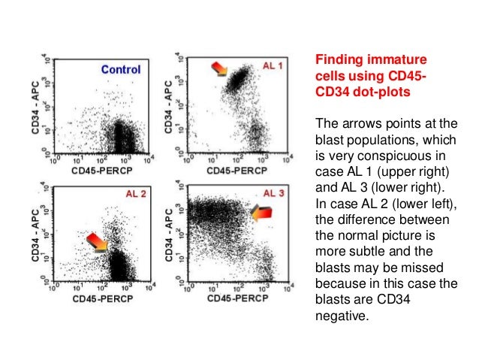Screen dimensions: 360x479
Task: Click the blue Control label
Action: pos(121,70)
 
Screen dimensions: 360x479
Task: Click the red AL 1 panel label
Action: pos(273,66)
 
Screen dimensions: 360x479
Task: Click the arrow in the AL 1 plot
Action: pos(218,69)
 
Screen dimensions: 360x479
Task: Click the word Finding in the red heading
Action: pos(335,59)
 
